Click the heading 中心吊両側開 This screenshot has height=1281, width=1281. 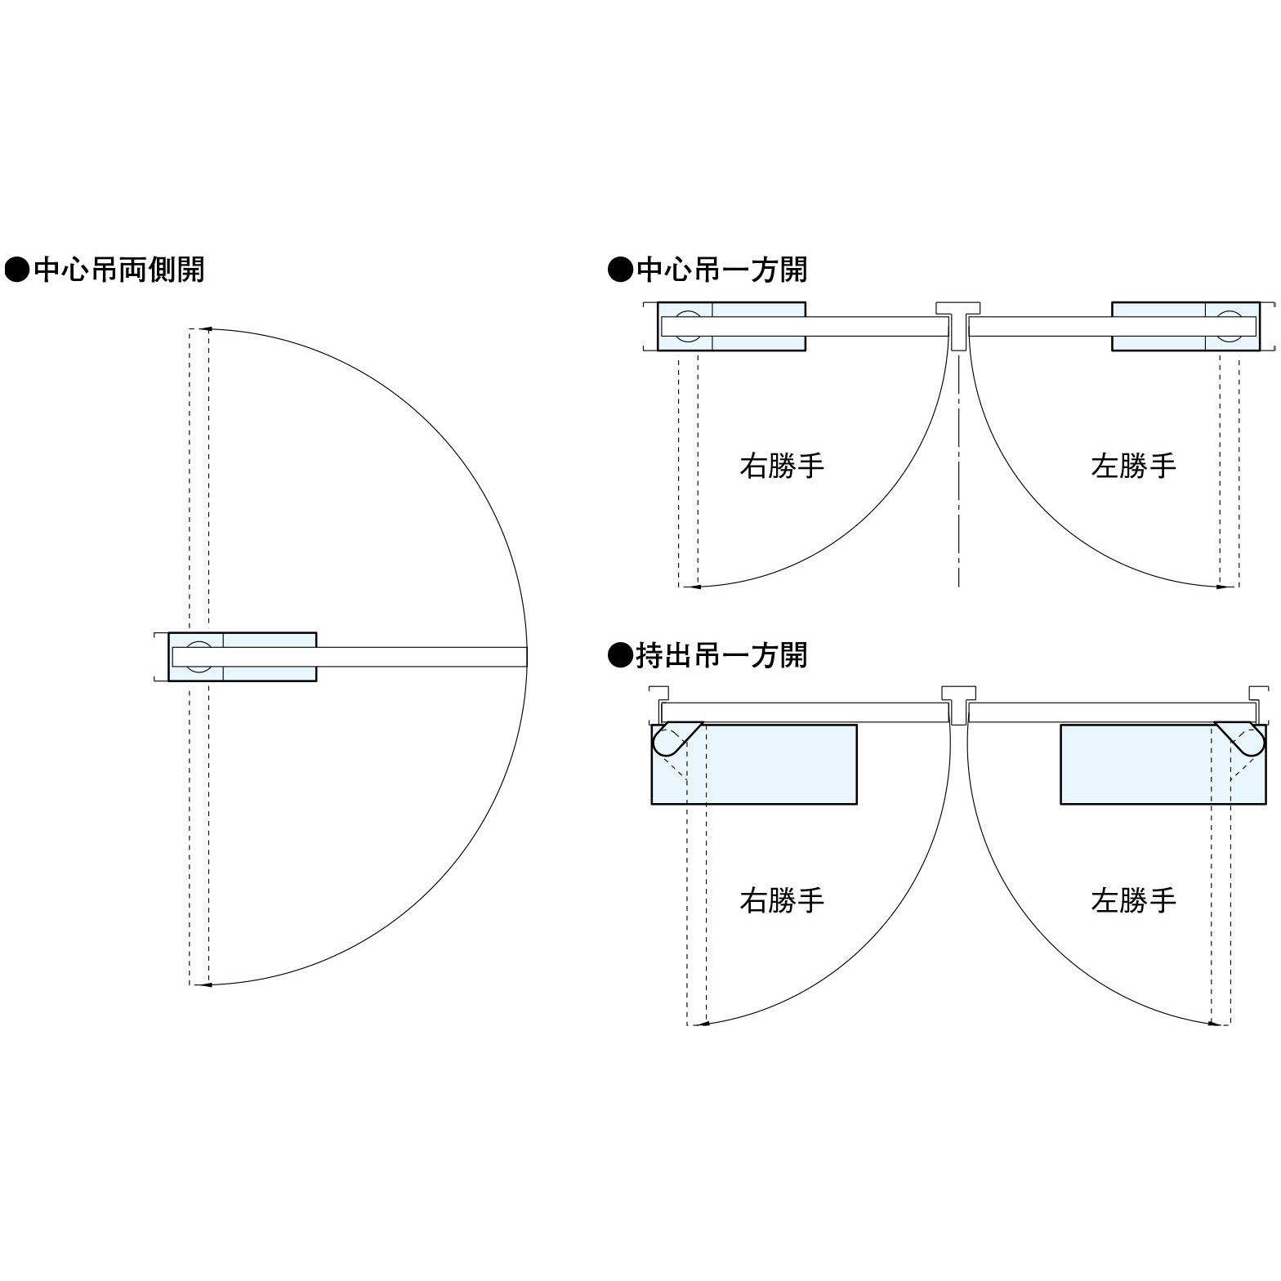coord(118,270)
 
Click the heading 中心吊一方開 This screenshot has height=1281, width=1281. coord(721,270)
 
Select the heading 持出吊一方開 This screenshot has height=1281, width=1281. coord(721,655)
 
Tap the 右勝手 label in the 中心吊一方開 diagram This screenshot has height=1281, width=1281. coord(782,466)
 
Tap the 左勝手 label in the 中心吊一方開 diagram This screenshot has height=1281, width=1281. coord(1133,466)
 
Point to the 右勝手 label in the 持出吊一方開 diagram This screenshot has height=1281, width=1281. coord(782,900)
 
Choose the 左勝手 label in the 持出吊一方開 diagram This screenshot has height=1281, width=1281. coord(1133,900)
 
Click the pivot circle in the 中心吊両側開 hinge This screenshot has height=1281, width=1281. coord(198,656)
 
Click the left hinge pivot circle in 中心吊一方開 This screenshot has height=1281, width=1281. coord(687,326)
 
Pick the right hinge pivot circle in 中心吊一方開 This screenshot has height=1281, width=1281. coord(1230,326)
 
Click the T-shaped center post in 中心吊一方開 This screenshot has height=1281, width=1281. coord(959,325)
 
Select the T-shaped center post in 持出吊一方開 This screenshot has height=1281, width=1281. coord(959,705)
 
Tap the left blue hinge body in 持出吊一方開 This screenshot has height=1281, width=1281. coord(754,764)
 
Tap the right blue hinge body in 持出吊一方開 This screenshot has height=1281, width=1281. coord(1163,764)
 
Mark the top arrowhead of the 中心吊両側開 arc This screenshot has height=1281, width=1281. coord(207,329)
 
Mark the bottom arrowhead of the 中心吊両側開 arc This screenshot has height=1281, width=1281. coord(207,984)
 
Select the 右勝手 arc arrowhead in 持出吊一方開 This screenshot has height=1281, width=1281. coord(701,1023)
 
